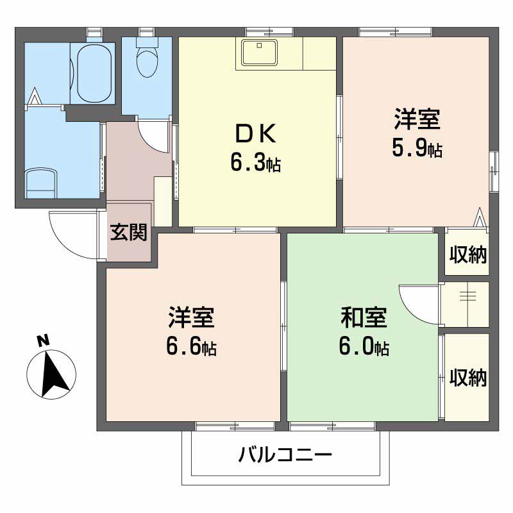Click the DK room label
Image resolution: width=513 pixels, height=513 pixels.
tap(256, 134)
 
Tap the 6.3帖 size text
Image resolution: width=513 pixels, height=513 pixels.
tap(255, 163)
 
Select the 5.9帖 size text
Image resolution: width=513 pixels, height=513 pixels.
tap(417, 149)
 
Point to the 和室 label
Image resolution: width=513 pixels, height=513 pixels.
tap(364, 317)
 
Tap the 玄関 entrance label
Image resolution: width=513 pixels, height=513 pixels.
tap(129, 232)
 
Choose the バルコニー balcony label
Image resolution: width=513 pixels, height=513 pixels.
tap(285, 455)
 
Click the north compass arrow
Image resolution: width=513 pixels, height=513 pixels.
tap(53, 374)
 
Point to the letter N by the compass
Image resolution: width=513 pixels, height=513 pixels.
tap(43, 341)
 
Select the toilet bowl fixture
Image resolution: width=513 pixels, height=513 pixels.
tap(147, 56)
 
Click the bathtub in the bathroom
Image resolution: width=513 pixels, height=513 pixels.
tap(94, 73)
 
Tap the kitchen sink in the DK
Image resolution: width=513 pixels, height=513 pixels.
tap(260, 53)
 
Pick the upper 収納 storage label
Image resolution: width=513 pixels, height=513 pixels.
tap(468, 254)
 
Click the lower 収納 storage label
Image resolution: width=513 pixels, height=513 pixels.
tap(468, 377)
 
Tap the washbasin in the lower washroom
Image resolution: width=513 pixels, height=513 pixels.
tap(41, 183)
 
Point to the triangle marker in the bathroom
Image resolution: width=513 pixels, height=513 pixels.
tap(35, 96)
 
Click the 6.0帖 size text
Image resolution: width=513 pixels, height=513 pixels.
tap(364, 346)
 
